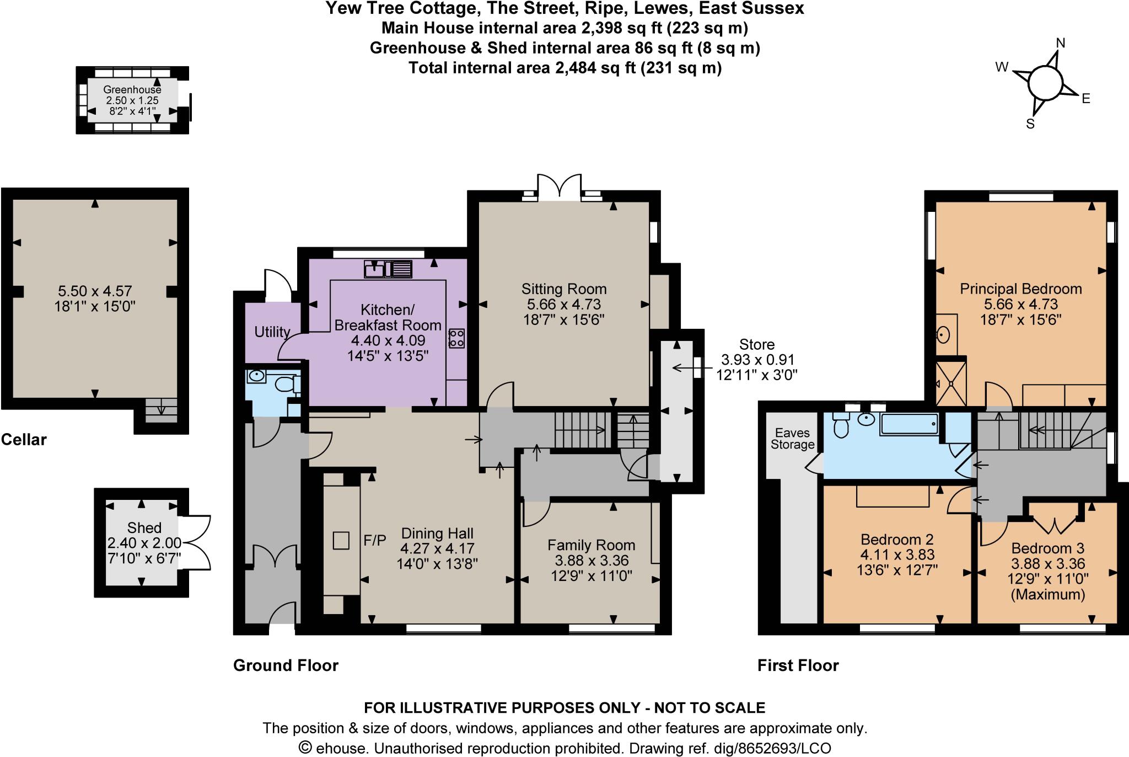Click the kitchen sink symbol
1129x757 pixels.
point(388,269)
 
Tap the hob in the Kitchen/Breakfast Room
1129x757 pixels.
point(457,338)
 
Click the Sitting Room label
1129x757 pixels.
point(564,289)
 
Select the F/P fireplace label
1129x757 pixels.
point(375,540)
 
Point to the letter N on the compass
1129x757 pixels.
point(1060,43)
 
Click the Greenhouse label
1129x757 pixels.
point(132,89)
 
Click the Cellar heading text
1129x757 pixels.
point(24,439)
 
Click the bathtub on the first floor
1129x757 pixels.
point(909,424)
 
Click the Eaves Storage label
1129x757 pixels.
point(792,439)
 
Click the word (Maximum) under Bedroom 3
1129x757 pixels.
point(1047,594)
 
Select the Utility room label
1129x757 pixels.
point(272,332)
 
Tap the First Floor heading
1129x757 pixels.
point(798,665)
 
